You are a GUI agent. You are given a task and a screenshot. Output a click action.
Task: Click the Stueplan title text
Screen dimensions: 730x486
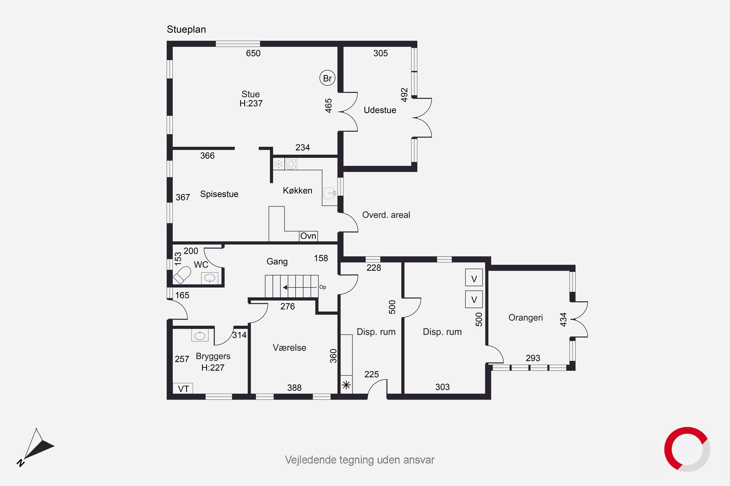click(x=186, y=29)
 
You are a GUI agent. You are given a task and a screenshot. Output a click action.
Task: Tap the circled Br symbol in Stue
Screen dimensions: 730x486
click(x=328, y=78)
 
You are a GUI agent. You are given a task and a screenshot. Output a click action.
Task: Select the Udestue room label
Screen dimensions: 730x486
click(x=380, y=110)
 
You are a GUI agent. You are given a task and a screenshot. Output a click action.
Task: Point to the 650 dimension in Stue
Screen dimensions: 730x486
click(x=253, y=53)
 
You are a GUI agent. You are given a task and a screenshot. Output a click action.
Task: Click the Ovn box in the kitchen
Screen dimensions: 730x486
click(x=309, y=236)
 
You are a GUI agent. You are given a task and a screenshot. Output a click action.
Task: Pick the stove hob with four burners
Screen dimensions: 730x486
click(x=291, y=164)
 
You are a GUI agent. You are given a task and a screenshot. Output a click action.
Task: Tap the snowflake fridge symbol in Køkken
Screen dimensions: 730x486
click(x=279, y=164)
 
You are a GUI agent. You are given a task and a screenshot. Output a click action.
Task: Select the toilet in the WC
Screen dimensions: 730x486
click(x=182, y=275)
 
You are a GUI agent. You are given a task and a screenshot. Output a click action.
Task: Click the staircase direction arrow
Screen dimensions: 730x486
click(x=300, y=287)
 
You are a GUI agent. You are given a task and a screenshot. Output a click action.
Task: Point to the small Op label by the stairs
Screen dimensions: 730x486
click(x=323, y=287)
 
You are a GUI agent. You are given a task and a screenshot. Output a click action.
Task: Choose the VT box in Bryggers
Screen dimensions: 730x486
click(x=183, y=388)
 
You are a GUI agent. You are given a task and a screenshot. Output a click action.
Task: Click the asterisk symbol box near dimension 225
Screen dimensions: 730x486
click(x=346, y=385)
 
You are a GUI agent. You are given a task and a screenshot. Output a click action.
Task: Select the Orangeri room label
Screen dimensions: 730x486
click(x=525, y=318)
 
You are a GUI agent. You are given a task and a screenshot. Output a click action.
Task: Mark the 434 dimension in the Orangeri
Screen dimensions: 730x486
click(x=563, y=319)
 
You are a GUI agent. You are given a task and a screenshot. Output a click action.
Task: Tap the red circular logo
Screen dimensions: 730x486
click(x=687, y=449)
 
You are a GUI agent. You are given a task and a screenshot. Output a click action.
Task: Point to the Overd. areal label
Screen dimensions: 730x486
click(x=386, y=215)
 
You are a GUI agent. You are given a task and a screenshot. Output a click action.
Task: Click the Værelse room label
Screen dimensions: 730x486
click(x=289, y=347)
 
